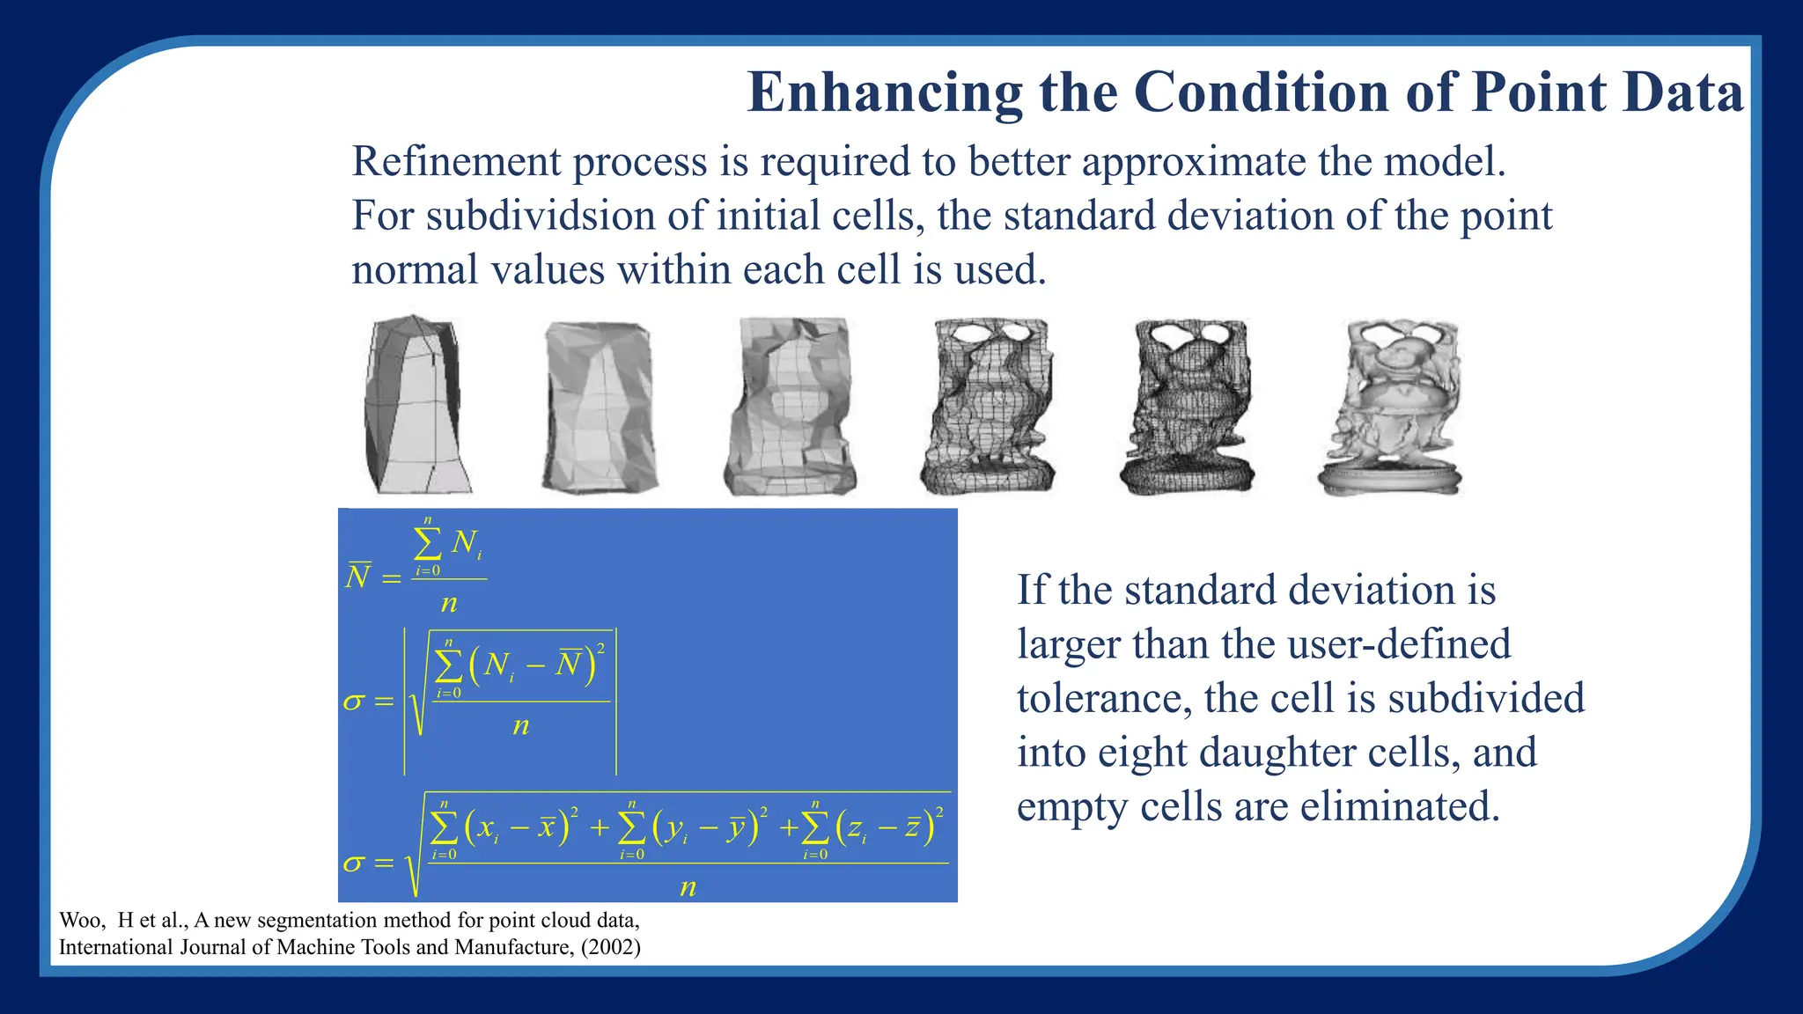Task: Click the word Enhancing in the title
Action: [884, 92]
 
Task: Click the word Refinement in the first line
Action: [456, 162]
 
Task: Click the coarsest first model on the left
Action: [415, 406]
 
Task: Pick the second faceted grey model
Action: [600, 407]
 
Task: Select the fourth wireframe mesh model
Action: [987, 407]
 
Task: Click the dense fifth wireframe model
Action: [1188, 407]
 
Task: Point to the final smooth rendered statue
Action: [1390, 407]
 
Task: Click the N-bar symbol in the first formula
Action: [357, 577]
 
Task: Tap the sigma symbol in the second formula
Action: [353, 702]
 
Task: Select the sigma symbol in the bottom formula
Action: [353, 863]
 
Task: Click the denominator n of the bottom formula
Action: [688, 887]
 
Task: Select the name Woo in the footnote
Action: [78, 921]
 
